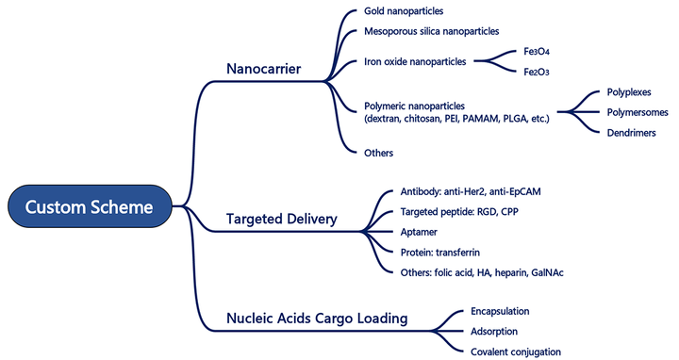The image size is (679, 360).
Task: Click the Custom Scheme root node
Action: [91, 206]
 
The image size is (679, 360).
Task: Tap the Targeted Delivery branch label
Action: [281, 220]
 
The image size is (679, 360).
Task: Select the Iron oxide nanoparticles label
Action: [414, 62]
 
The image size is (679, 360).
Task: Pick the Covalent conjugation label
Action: [515, 352]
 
